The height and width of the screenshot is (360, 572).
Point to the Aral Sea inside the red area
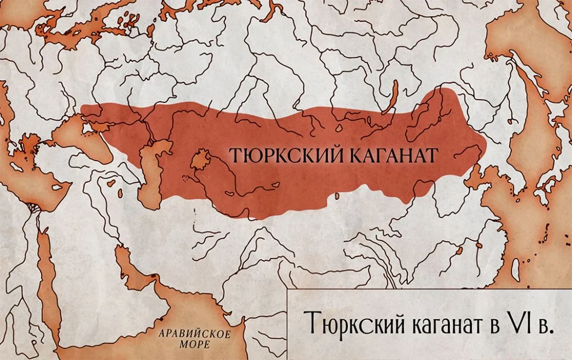[201, 160]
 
